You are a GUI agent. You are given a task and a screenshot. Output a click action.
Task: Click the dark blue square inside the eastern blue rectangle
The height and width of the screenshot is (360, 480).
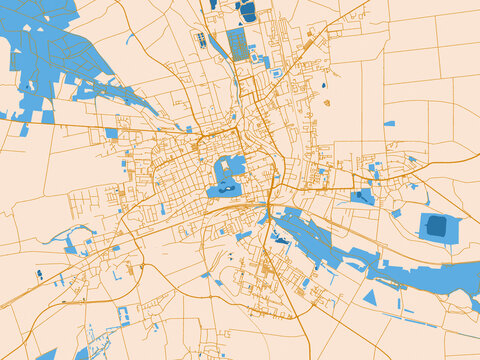coord(436,226)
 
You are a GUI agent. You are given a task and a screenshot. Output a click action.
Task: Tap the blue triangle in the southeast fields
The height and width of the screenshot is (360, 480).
coord(370,297)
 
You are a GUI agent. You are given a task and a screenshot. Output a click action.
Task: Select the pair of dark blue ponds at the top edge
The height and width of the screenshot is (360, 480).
coord(246,10)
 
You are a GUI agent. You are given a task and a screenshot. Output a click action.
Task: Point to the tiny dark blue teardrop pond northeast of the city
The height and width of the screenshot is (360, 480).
coord(325,88)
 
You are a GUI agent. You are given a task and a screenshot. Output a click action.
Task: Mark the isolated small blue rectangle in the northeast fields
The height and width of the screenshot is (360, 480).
coord(389,124)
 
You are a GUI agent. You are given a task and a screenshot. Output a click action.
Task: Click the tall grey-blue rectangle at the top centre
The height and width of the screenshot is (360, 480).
coord(237,44)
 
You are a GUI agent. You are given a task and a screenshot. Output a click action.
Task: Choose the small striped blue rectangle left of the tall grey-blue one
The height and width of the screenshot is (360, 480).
coord(201,40)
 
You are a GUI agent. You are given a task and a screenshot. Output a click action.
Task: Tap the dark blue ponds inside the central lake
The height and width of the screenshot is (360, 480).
coord(226,187)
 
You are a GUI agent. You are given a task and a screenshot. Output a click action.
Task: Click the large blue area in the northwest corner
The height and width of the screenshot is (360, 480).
coord(40,50)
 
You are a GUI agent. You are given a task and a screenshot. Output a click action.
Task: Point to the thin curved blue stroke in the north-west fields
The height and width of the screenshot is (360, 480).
coord(130,40)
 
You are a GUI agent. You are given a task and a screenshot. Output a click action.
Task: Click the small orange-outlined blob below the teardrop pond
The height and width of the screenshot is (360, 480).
coord(326,101)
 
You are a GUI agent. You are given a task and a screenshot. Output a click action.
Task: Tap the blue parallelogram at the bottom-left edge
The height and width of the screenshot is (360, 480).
coord(46,354)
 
